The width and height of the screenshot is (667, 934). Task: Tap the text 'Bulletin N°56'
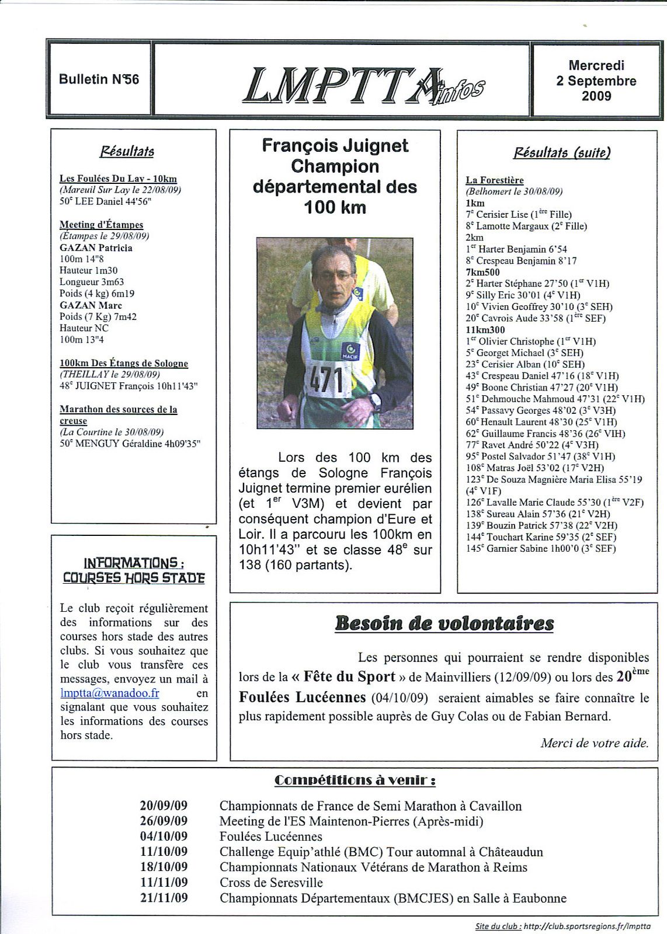click(99, 79)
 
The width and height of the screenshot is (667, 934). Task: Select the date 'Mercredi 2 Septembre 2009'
click(596, 81)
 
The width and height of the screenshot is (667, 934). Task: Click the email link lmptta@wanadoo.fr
click(110, 693)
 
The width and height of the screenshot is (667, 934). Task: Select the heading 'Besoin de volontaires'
click(444, 623)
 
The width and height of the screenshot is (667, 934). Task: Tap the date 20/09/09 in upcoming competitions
click(164, 806)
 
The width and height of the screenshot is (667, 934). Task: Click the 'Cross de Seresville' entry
click(271, 883)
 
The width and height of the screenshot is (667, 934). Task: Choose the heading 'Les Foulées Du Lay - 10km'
click(118, 179)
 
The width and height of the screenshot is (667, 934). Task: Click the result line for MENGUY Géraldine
click(130, 444)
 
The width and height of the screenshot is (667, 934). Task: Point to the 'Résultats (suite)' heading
click(562, 153)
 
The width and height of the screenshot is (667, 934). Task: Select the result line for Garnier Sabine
click(541, 548)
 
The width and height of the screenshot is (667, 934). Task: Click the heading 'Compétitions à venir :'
click(355, 780)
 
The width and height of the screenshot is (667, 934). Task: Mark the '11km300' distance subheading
click(485, 330)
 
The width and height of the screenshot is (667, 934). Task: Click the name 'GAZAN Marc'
click(91, 305)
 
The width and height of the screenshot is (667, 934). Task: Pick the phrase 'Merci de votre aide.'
click(594, 743)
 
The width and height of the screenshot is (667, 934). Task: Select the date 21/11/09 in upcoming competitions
click(164, 898)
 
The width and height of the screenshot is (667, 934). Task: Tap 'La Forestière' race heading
click(495, 180)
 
